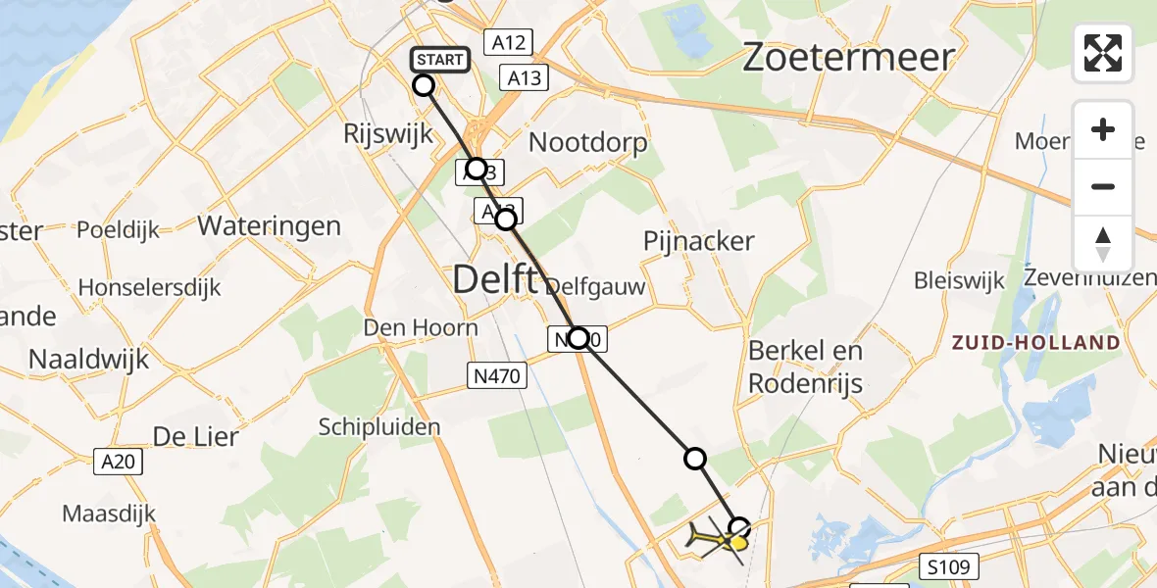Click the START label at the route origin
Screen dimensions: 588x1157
(439, 60)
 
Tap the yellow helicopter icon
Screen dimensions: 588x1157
(718, 540)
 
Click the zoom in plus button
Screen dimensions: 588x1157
(1103, 129)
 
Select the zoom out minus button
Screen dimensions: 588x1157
(1103, 186)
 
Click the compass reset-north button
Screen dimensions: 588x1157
(1103, 243)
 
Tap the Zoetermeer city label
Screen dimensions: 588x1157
(848, 57)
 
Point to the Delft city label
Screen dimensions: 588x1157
(496, 280)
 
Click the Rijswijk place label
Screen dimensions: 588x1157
(389, 134)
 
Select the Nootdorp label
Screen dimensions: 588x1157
(588, 143)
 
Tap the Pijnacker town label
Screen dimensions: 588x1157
(699, 241)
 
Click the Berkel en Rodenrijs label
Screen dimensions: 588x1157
(805, 367)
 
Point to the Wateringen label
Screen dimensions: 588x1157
(270, 226)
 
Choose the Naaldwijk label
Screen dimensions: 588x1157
(89, 359)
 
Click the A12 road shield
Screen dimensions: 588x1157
(508, 42)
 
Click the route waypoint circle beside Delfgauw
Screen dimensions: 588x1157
(578, 339)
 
